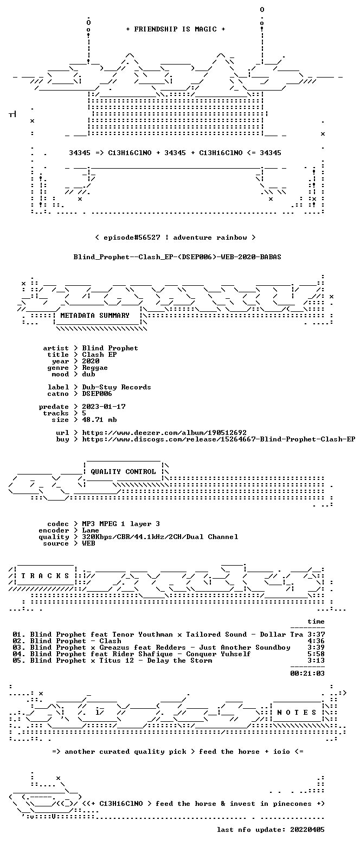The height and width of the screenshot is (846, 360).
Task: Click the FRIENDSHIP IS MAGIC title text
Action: click(x=176, y=29)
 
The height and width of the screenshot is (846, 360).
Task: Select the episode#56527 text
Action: click(x=132, y=238)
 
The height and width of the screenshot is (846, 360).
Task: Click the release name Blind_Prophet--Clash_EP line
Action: click(x=177, y=257)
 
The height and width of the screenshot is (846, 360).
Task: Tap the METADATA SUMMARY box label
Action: click(x=95, y=316)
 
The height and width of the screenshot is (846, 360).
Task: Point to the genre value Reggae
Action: click(x=95, y=368)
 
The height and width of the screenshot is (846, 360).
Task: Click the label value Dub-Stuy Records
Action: click(x=117, y=387)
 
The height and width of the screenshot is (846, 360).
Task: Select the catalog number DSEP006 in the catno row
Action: click(x=97, y=394)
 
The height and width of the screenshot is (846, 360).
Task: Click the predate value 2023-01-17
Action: click(x=104, y=407)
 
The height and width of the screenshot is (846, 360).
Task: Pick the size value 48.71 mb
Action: click(x=99, y=420)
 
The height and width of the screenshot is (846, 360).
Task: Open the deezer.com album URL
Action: click(x=164, y=433)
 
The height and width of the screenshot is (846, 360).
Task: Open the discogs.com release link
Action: click(x=218, y=439)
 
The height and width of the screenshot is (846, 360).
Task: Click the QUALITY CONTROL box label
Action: click(x=123, y=472)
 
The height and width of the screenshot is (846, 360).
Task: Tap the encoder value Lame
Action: click(x=91, y=530)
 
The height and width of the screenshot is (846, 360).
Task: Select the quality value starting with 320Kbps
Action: click(x=160, y=537)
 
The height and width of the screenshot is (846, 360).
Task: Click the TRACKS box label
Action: click(x=46, y=576)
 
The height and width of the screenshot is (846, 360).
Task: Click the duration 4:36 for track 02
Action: click(x=316, y=641)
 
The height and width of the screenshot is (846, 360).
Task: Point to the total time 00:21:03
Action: click(x=307, y=674)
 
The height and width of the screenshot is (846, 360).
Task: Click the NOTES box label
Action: click(x=297, y=713)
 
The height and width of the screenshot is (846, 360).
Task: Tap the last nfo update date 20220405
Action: click(x=307, y=830)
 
